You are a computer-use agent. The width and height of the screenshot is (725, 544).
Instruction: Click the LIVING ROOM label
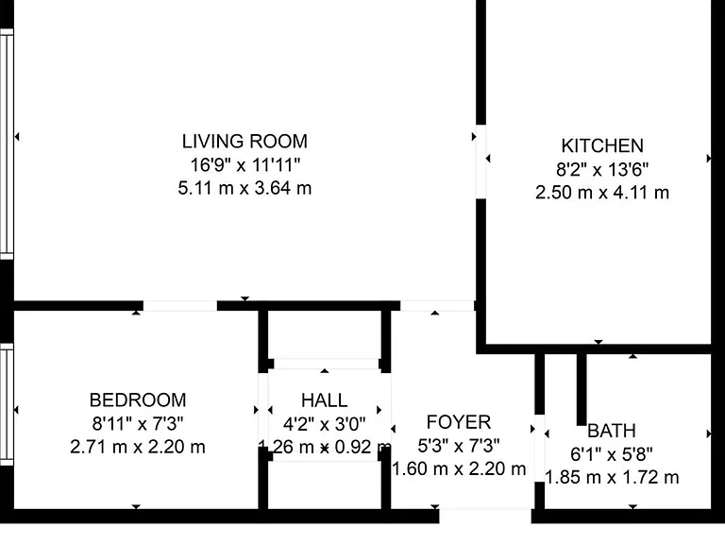click(244, 142)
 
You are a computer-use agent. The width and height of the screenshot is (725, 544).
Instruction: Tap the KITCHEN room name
click(602, 145)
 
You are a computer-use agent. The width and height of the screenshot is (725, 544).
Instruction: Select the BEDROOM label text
click(138, 400)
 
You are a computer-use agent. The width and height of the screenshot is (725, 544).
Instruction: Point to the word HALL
click(324, 400)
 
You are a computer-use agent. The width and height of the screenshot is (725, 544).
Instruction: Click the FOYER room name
click(459, 422)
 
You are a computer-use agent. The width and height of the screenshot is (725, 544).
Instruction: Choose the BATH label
click(612, 431)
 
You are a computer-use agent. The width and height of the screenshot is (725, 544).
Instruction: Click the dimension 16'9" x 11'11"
click(245, 164)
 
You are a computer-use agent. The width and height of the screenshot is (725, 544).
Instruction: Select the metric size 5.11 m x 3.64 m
click(244, 188)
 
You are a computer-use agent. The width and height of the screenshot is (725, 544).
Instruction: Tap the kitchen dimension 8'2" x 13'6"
click(602, 169)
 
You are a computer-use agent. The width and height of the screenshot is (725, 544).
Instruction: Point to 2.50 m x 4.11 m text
click(602, 193)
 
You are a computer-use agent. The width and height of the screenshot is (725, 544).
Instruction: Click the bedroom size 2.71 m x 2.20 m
click(138, 447)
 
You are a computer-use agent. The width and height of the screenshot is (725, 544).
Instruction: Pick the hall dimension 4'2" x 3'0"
click(324, 423)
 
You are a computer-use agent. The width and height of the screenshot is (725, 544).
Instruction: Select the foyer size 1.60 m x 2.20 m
click(459, 469)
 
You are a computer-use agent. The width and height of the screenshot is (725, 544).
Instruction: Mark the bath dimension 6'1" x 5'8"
click(612, 454)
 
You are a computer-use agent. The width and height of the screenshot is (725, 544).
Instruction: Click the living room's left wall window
click(7, 144)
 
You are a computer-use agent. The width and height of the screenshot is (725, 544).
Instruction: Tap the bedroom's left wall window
click(7, 404)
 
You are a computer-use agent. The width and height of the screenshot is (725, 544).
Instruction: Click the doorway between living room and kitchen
click(481, 161)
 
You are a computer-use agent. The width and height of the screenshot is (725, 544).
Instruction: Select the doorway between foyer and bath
click(540, 449)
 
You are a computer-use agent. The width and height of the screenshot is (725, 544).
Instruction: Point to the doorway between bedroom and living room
click(180, 306)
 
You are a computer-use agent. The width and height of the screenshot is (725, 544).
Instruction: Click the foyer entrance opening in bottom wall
click(485, 517)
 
